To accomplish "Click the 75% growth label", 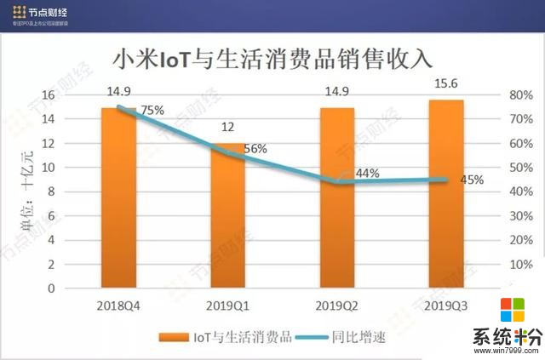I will pos(152,110).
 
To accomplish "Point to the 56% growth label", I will pos(255,149).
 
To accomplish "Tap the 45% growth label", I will pos(472,180).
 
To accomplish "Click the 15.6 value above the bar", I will pos(446,86).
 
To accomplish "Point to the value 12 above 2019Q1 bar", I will pos(227,129).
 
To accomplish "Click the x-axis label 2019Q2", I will pos(337,305).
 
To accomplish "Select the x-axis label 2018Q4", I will pos(118,305).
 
